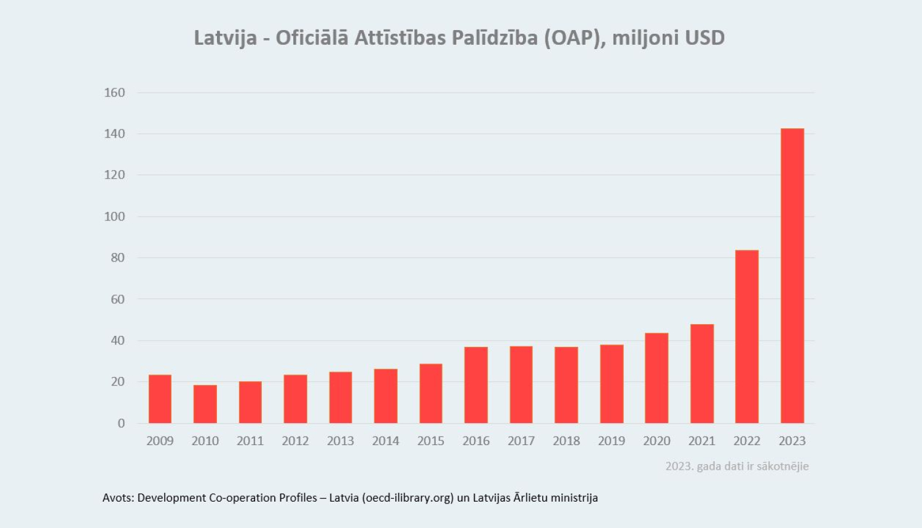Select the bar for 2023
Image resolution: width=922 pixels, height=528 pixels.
coord(792,276)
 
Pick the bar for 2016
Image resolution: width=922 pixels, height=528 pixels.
coord(476,385)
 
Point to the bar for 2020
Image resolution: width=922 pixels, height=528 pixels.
coord(656,378)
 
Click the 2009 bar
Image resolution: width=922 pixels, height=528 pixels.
coord(160,399)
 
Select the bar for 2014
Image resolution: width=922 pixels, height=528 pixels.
coord(386,396)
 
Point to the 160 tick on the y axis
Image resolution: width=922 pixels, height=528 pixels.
coord(114,93)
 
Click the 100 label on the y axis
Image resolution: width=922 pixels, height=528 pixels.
coord(114,217)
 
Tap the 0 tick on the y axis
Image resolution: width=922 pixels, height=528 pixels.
coord(121,423)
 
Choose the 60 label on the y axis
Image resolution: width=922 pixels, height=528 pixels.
coord(117,299)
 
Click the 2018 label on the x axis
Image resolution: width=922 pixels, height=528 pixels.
coord(566,441)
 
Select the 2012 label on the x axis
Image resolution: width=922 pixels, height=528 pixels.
coord(295,441)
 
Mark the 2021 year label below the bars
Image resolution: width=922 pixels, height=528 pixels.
coord(702,441)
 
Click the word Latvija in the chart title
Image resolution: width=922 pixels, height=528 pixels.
coord(225,38)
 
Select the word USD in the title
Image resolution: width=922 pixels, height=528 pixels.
coord(704,38)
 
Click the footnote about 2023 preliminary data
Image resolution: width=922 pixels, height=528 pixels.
coord(737,466)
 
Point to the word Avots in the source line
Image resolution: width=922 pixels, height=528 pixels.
coord(117,497)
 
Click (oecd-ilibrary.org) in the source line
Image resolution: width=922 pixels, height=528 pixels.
coord(408,497)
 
